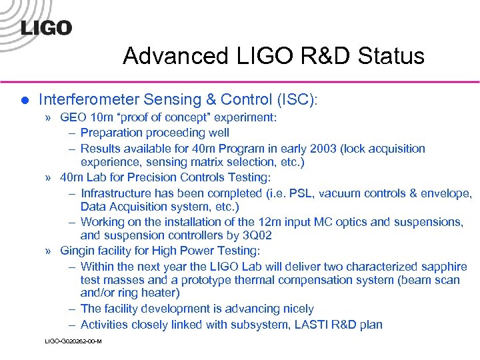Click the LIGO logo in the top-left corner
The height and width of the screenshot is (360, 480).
point(46,27)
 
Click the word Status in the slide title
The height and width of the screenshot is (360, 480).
point(393,56)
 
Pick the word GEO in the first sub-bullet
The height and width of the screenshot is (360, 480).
point(73,118)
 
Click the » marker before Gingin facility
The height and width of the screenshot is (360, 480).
point(50,251)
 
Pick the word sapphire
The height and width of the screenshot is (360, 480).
point(444,266)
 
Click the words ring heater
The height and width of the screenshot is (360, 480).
point(147,293)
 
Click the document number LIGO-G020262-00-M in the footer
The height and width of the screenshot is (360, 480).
point(73,341)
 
